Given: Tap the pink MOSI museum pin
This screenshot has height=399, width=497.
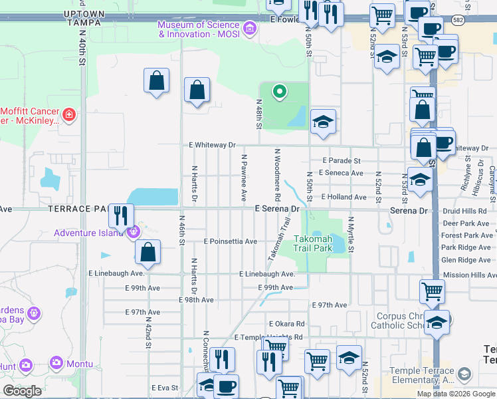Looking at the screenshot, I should coord(249,28).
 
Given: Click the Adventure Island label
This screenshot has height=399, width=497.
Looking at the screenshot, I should coord(88,233).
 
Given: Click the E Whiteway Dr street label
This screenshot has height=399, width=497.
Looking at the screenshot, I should coord(212,144).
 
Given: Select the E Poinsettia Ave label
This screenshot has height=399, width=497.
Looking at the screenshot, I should coord(230,241).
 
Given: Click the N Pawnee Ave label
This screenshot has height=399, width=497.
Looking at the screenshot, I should coord(244,178).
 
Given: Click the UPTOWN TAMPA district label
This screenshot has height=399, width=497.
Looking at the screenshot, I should coord(84,17).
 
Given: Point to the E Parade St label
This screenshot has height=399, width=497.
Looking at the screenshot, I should coord(341,161).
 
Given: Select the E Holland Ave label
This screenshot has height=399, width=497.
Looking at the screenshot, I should coord(344,198).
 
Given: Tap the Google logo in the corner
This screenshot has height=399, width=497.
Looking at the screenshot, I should coord(23,391).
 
